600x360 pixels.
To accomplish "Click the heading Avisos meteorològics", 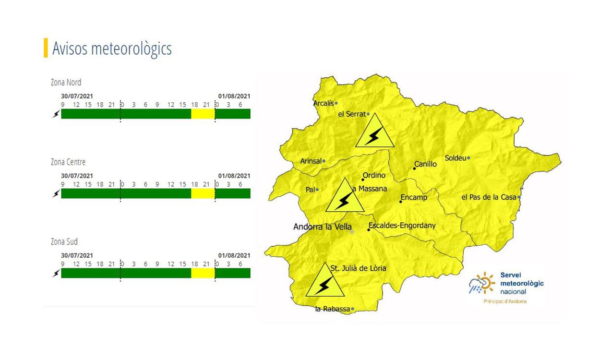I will pos(112,48).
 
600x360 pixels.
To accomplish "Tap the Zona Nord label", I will pos(66,83).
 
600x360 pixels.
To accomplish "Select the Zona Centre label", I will pos(68,162).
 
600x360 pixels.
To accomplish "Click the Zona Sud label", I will pos(64,242).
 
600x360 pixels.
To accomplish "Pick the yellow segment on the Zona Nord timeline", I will pos(203,114).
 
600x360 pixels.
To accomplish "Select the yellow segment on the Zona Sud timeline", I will pos(203,273).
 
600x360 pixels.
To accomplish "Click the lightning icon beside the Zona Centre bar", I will pos(56,193).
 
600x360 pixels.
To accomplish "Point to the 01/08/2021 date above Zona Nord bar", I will pos(234,96).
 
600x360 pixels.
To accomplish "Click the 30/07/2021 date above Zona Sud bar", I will pos(77,255).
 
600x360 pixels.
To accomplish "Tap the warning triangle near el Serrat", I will pos(375,132).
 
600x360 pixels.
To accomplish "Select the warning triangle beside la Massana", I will pos(344,197).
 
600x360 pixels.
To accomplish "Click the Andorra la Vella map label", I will pos(322,227).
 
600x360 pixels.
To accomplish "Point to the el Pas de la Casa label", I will pos(489,197).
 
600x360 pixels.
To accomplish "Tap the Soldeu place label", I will pos(456,158).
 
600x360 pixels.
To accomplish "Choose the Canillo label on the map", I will pos(426,164).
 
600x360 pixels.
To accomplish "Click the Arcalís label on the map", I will pos(323,103).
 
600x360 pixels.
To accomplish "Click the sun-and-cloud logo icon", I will pos(481,284).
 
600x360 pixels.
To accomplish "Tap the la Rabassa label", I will pos(332,309).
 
